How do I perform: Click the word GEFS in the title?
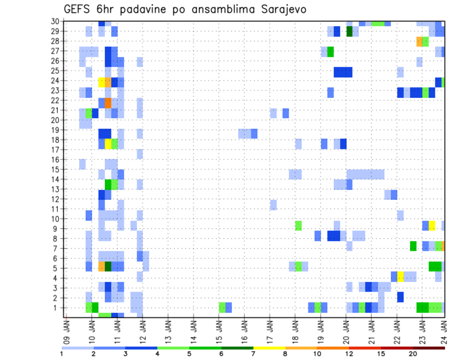point(78,10)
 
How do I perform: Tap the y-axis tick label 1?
point(57,308)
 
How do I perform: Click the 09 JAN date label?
point(67,330)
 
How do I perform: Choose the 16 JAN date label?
point(244,330)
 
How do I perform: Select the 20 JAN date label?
point(346,330)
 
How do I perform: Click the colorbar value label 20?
point(413,354)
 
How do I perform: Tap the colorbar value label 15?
point(381,354)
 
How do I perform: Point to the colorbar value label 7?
point(253,354)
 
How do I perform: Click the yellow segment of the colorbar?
point(269,348)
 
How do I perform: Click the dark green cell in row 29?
point(349,32)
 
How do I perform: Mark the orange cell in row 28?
point(419,41)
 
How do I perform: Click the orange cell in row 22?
point(108,103)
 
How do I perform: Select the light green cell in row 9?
point(298,226)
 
